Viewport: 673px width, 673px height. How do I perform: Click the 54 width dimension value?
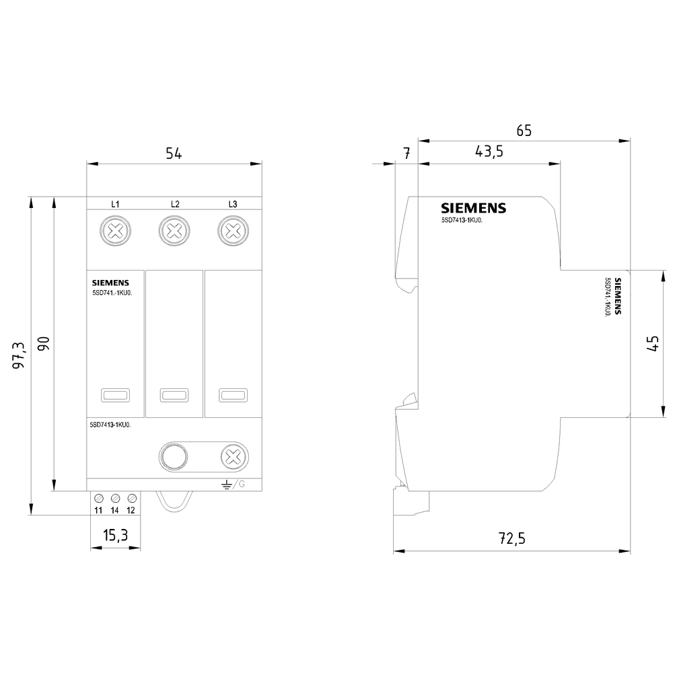(174, 153)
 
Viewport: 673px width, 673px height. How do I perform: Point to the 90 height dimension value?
(43, 343)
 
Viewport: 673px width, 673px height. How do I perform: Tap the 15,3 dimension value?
(115, 536)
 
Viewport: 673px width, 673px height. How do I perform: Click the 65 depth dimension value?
(524, 131)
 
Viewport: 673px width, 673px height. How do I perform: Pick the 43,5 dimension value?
(489, 152)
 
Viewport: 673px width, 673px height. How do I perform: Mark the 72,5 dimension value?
(511, 538)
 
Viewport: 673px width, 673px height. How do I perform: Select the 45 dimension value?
(651, 344)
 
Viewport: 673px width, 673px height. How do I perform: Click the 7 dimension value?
(406, 153)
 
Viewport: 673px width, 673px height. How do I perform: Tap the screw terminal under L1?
(115, 232)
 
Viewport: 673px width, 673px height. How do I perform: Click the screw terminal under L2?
(174, 232)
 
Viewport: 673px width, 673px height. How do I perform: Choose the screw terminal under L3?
(232, 232)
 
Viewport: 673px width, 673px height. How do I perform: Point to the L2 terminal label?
(174, 204)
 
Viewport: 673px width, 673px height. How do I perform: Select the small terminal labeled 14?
(115, 498)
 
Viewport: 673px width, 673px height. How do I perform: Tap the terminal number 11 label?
(98, 511)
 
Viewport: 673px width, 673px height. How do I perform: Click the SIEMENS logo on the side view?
(473, 208)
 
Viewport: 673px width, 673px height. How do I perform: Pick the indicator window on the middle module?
(174, 395)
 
